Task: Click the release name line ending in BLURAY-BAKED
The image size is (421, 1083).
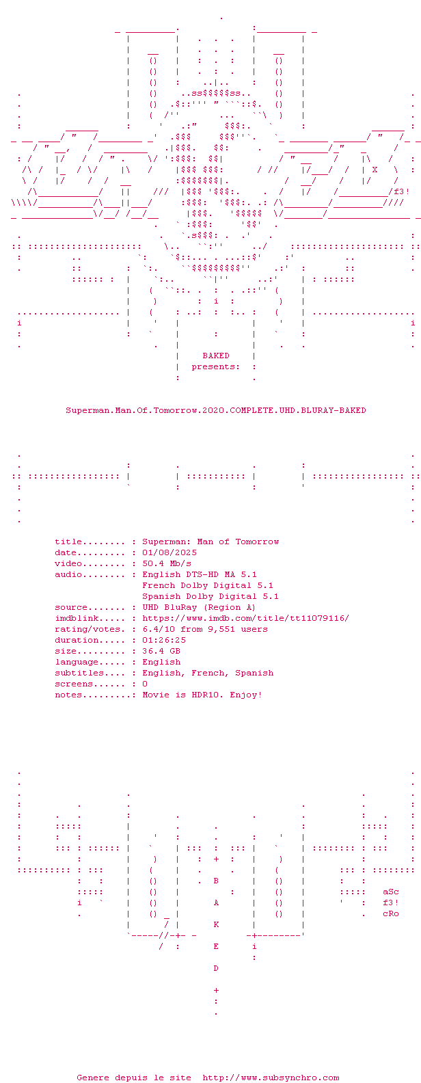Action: [x=215, y=410]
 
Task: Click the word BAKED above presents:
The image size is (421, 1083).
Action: [x=215, y=356]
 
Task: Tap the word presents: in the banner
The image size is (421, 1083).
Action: [x=215, y=367]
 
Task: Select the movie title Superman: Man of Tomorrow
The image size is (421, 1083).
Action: [x=210, y=542]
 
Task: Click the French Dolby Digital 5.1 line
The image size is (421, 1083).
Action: [x=207, y=585]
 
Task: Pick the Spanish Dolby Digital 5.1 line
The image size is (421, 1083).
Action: [x=210, y=597]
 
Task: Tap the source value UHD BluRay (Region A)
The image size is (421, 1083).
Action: [x=199, y=608]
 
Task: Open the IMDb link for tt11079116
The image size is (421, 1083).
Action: [x=245, y=618]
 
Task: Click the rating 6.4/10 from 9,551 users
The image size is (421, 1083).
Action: [x=205, y=630]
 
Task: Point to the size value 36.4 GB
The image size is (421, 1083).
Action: [x=161, y=652]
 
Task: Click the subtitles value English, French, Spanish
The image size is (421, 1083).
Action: [x=207, y=673]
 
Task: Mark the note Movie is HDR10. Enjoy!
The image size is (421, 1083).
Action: [x=202, y=695]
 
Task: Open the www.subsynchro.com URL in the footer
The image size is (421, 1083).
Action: [x=271, y=1078]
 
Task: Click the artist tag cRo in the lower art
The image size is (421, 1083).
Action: [x=390, y=913]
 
